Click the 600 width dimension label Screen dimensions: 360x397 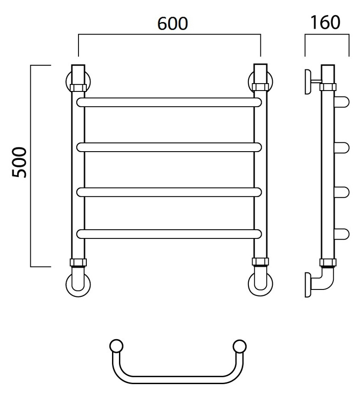coord(173,23)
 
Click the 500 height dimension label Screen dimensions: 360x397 coord(19,162)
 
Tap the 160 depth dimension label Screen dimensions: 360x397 coord(326,23)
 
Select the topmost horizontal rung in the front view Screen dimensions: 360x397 coord(169,102)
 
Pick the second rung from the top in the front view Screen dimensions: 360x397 coord(169,147)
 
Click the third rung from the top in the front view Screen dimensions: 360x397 coord(169,192)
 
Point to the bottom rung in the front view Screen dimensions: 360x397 coord(169,234)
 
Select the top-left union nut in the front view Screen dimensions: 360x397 coord(78,88)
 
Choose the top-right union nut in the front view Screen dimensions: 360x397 coord(260,87)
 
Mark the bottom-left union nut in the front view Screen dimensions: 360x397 coord(78,262)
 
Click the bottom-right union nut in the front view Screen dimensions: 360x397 coord(260,261)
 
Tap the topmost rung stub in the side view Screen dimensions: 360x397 coord(342,102)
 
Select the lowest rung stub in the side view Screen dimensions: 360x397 coord(342,234)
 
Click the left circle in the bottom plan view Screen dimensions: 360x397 coord(116,346)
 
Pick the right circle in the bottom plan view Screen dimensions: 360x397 coord(239,346)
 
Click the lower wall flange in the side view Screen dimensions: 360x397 coord(308,285)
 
